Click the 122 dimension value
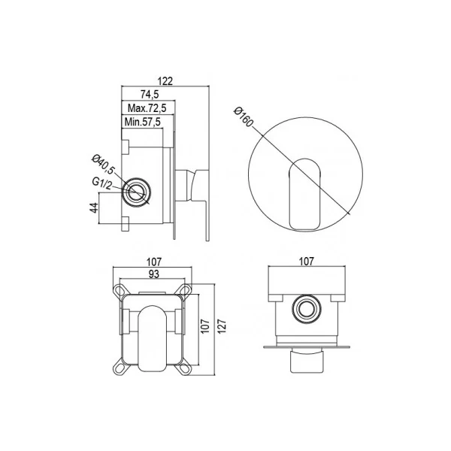[x=165, y=81]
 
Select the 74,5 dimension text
[x=150, y=94]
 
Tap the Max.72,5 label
[x=147, y=108]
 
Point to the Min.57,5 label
[x=143, y=122]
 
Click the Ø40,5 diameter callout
[x=103, y=164]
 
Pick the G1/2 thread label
[x=101, y=184]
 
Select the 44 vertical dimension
[x=94, y=207]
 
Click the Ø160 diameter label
[x=244, y=117]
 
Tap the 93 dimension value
[x=154, y=274]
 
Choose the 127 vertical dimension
[x=222, y=326]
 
